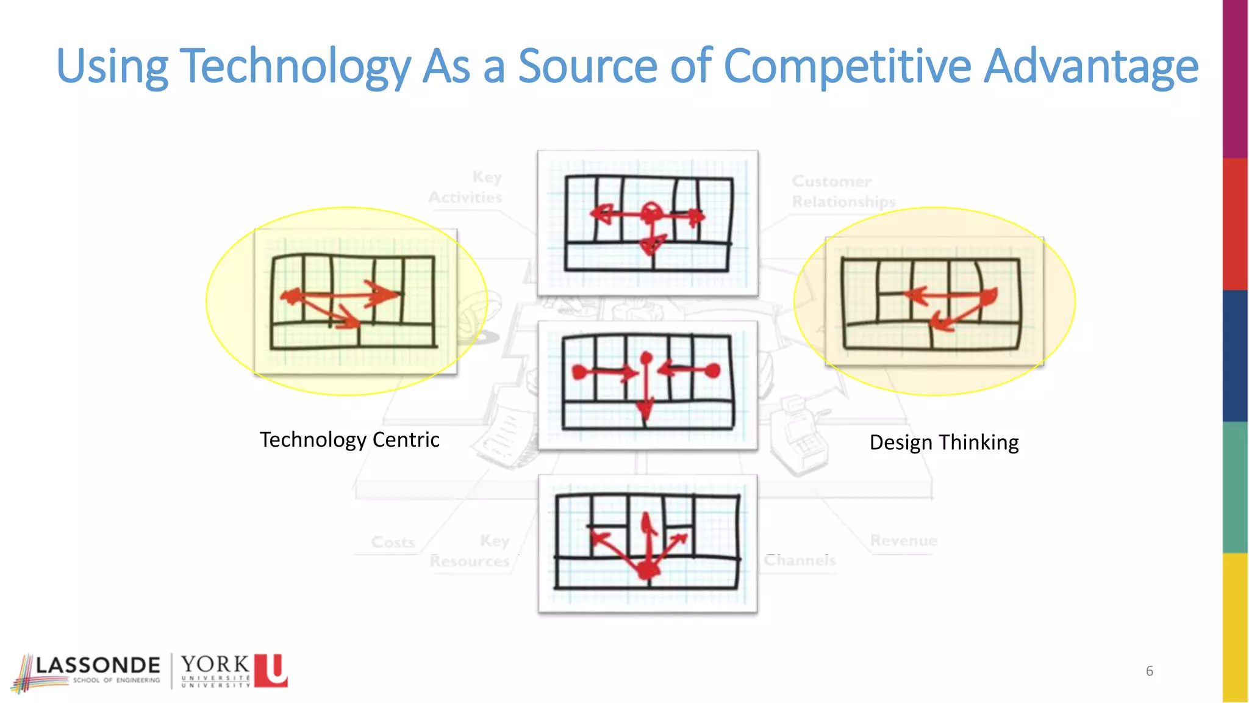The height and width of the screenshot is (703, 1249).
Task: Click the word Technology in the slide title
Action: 295,66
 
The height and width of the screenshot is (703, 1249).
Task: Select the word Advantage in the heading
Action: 1091,66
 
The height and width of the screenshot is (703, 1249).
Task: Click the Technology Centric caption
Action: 349,439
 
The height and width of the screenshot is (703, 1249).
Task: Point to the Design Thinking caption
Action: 943,442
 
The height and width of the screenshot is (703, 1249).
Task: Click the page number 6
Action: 1149,671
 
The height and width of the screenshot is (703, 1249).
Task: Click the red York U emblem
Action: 271,670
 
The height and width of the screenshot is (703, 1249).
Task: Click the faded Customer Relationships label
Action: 843,191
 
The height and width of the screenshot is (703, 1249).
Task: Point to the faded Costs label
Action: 393,542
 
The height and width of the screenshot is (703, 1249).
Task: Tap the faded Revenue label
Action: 903,541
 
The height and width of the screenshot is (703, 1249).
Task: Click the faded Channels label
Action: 800,560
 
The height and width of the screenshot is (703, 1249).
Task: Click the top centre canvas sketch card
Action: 648,223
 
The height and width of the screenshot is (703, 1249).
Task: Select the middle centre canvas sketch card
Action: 648,385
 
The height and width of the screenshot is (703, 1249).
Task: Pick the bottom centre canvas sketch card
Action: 648,543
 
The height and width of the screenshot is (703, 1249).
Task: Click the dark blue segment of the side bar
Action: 1235,355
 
